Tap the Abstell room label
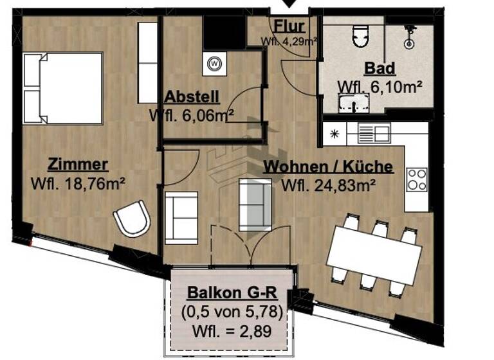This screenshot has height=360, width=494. pyautogui.click(x=192, y=97)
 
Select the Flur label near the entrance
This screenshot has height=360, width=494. pyautogui.click(x=289, y=26)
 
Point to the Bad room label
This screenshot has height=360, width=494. pyautogui.click(x=380, y=68)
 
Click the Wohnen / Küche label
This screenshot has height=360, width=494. pyautogui.click(x=328, y=166)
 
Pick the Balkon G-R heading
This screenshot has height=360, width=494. pyautogui.click(x=232, y=293)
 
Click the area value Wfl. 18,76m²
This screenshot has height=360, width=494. pyautogui.click(x=77, y=184)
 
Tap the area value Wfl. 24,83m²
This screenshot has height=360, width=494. pyautogui.click(x=329, y=186)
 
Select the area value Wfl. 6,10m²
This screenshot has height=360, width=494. pyautogui.click(x=380, y=87)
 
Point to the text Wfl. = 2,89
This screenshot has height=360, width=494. pyautogui.click(x=232, y=332)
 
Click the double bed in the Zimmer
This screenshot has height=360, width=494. pyautogui.click(x=63, y=89)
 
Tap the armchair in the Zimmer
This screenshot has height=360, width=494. pyautogui.click(x=132, y=219)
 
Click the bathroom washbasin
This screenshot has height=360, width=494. pyautogui.click(x=354, y=103)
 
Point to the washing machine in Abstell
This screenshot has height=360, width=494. pyautogui.click(x=214, y=64)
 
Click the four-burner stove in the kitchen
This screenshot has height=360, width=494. pyautogui.click(x=417, y=179)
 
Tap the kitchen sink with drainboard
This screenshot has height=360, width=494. pyautogui.click(x=374, y=134)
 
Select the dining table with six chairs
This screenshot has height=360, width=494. pyautogui.click(x=373, y=255)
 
